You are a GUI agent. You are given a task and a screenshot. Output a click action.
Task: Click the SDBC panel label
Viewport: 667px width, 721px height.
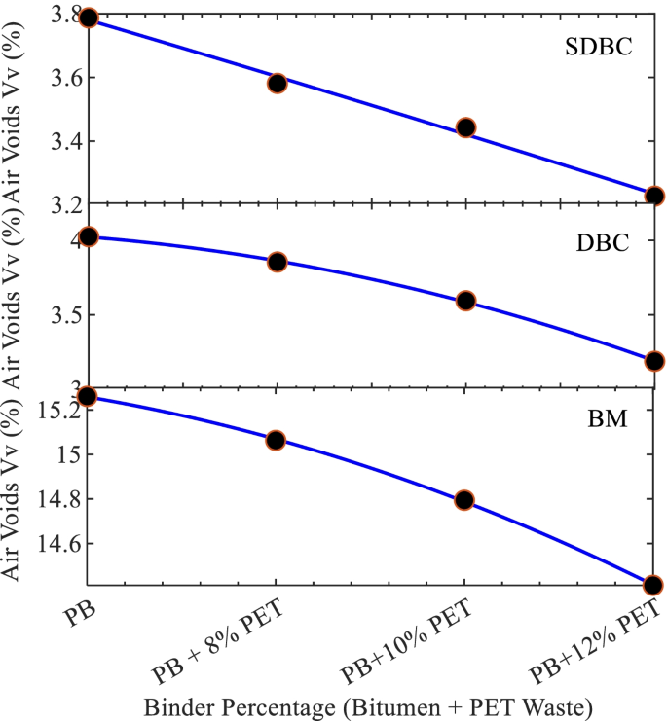599,48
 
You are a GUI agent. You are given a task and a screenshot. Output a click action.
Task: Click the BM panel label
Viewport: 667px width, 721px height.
606,419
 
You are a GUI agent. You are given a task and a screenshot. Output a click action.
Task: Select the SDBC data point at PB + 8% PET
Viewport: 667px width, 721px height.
277,83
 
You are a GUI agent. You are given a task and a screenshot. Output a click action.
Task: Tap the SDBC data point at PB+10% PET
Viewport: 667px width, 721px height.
465,127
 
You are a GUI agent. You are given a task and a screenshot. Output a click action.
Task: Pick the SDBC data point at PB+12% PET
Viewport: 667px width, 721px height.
653,196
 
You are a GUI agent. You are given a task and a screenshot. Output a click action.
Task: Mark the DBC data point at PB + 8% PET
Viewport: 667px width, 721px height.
277,262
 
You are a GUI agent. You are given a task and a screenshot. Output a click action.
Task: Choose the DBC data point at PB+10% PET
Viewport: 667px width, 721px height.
465,301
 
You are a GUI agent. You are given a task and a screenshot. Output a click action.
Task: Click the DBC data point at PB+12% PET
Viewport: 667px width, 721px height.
653,361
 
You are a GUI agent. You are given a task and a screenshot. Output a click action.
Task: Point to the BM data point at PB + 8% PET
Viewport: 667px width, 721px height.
276,440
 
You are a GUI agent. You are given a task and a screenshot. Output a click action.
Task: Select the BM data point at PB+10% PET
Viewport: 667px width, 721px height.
464,500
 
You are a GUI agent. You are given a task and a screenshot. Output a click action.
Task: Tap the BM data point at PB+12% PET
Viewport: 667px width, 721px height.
652,585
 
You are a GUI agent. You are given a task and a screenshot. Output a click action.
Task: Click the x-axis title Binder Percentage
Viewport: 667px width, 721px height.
367,703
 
